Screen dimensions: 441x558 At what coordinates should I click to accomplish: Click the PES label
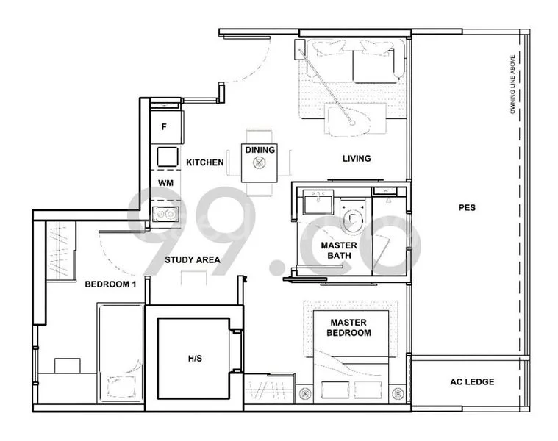(x=466, y=208)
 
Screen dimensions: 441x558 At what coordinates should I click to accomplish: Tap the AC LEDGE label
(x=471, y=381)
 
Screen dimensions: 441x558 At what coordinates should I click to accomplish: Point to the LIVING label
(x=356, y=158)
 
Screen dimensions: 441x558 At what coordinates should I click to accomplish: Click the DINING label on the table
(x=260, y=151)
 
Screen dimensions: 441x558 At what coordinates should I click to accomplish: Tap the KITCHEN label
(x=204, y=162)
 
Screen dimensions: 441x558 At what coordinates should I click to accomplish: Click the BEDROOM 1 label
(x=111, y=284)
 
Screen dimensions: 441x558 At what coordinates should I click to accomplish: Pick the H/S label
(x=194, y=359)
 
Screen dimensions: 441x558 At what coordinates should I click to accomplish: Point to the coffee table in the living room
(x=346, y=121)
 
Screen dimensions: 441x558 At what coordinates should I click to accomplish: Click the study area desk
(x=194, y=277)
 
